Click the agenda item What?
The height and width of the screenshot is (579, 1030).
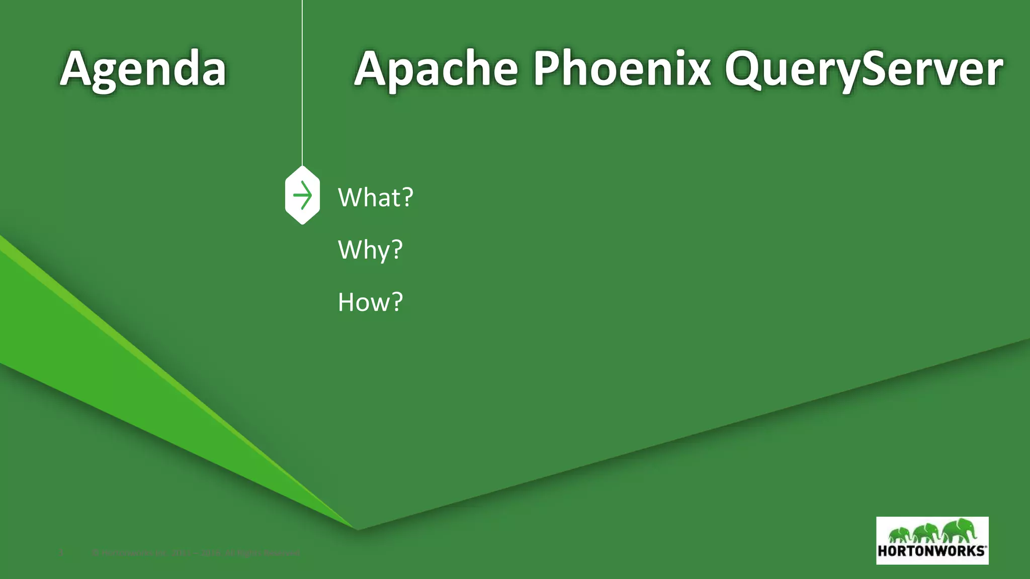(x=375, y=197)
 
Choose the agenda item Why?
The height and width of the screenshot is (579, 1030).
(x=370, y=249)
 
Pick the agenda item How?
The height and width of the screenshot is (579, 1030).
(x=370, y=302)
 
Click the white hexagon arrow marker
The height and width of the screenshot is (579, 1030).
(x=302, y=195)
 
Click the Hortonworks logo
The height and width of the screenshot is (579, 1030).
(x=932, y=540)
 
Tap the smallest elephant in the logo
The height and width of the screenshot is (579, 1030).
(x=901, y=534)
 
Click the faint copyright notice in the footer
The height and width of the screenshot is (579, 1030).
(x=196, y=553)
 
